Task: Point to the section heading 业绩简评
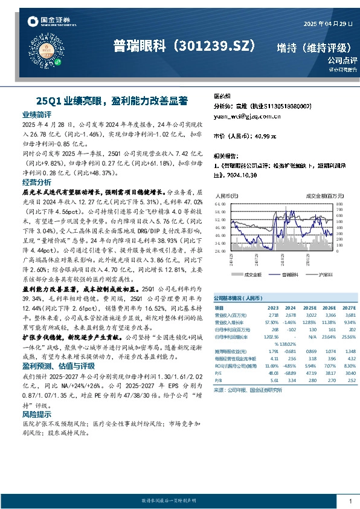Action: [x=37, y=114]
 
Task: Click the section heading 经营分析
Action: [x=37, y=181]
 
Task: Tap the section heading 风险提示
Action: [x=37, y=415]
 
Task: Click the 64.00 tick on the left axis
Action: [x=220, y=205]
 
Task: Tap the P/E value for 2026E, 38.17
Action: [x=329, y=373]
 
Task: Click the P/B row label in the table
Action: [x=219, y=381]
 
